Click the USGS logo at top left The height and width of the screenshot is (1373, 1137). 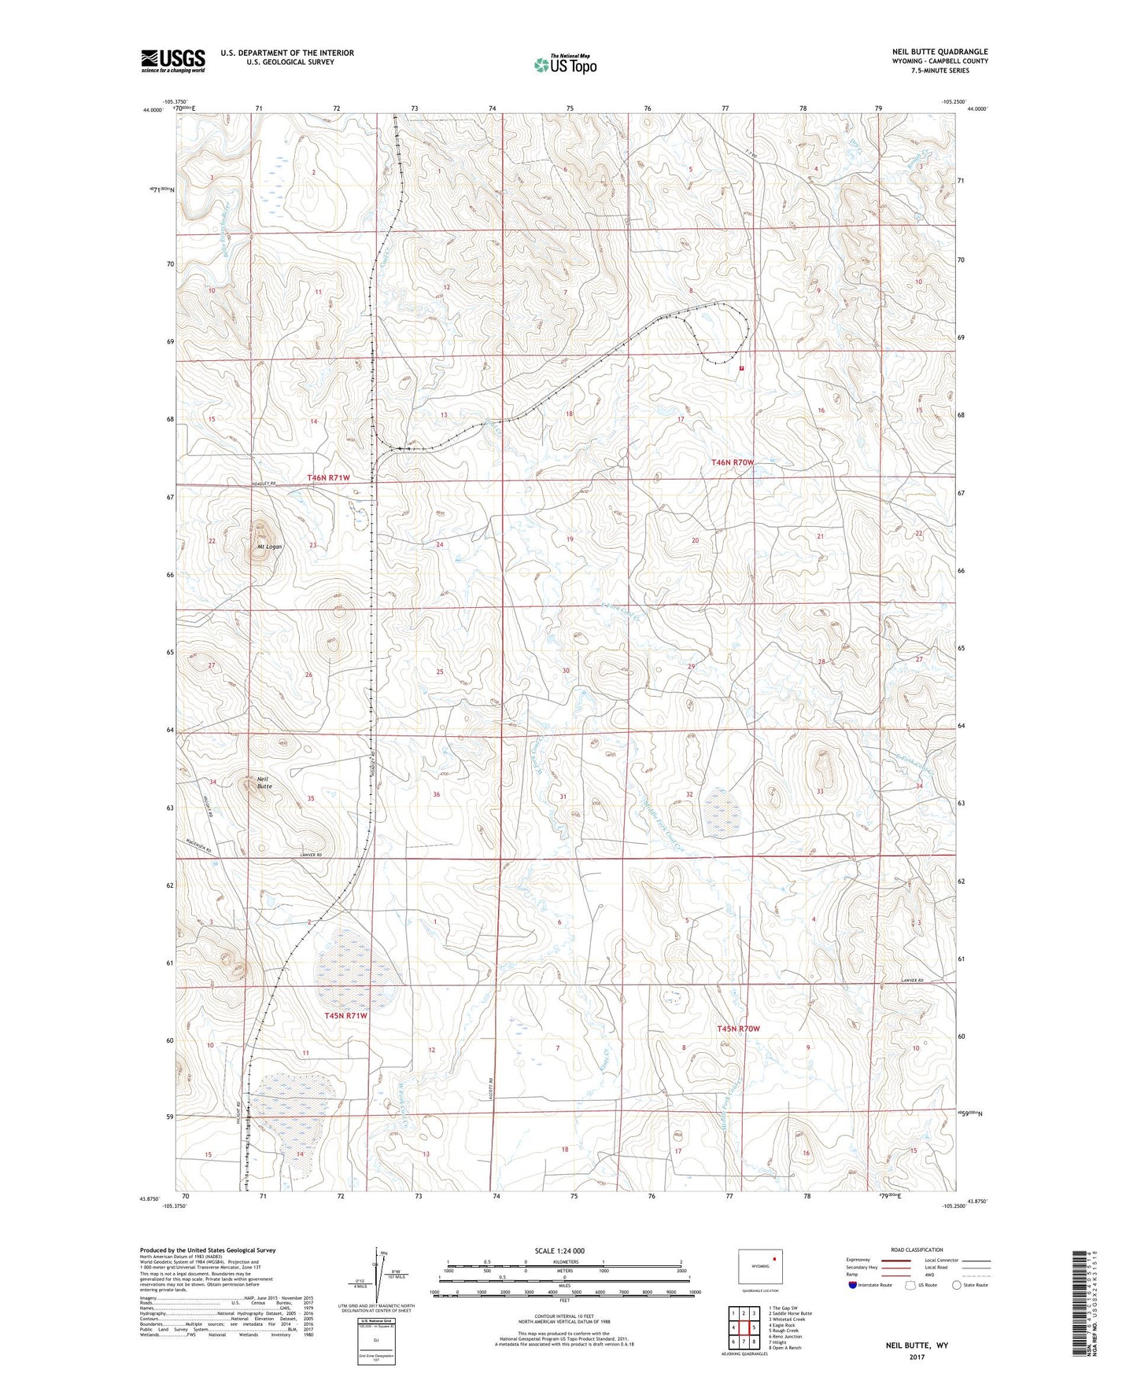(x=172, y=61)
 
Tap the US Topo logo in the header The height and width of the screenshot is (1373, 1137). (x=564, y=64)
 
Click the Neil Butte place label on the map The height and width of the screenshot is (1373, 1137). (x=264, y=782)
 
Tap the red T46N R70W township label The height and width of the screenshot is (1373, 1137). (x=733, y=463)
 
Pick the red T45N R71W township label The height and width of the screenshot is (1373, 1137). (x=345, y=1015)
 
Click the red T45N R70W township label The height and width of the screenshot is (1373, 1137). (x=738, y=1029)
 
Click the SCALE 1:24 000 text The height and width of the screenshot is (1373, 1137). (x=559, y=1250)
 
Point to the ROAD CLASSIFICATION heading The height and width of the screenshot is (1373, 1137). (x=917, y=1250)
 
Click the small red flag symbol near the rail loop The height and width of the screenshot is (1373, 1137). (x=742, y=367)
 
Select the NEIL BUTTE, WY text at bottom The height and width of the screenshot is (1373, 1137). (x=916, y=1345)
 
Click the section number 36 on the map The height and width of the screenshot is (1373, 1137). (x=437, y=794)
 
